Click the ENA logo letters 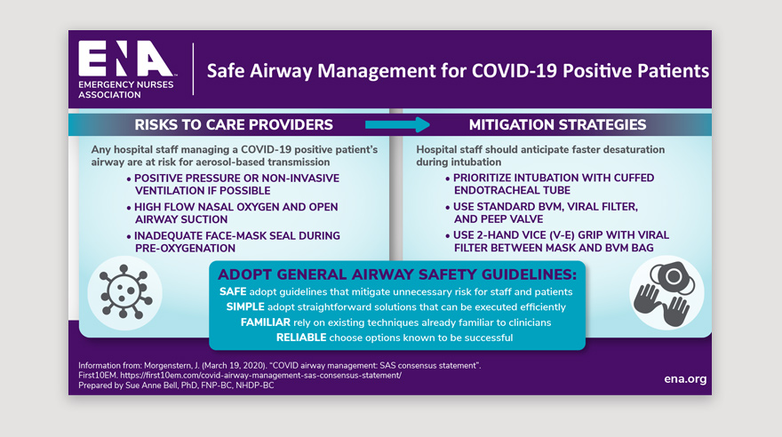click(x=125, y=59)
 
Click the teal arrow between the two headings click(x=397, y=124)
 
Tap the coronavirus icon click(x=125, y=292)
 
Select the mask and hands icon click(x=666, y=292)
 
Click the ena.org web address click(x=685, y=378)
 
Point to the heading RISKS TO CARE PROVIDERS click(x=234, y=124)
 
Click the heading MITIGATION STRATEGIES click(x=557, y=124)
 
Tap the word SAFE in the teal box click(x=233, y=291)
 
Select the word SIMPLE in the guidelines click(x=245, y=307)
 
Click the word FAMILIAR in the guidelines click(x=266, y=322)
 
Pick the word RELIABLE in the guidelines click(x=301, y=338)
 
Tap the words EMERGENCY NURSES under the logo click(x=125, y=84)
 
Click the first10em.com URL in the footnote click(x=261, y=375)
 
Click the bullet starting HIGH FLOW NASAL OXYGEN click(x=233, y=213)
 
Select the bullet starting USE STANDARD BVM click(x=541, y=213)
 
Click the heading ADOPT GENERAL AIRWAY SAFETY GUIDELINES click(x=397, y=274)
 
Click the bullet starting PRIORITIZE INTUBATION click(x=549, y=184)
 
